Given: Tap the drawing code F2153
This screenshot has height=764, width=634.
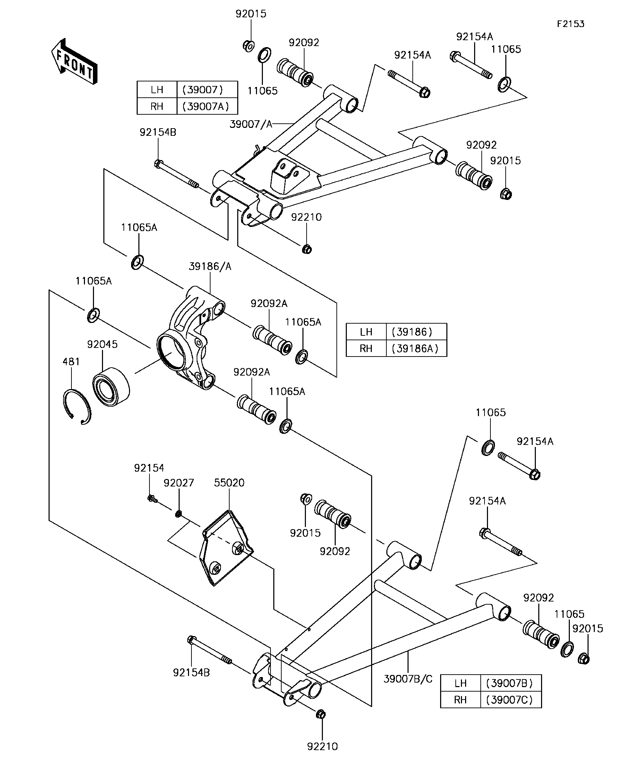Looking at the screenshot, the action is (571, 24).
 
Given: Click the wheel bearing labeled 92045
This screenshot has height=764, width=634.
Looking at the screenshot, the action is (111, 387).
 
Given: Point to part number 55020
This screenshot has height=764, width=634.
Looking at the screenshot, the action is (229, 483).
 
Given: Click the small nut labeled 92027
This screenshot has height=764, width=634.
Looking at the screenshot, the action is (178, 514).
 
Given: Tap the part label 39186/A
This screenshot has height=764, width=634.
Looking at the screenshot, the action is (210, 266).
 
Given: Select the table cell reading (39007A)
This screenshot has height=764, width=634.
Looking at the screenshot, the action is (207, 106).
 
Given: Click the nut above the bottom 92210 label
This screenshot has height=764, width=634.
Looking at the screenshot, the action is (320, 714).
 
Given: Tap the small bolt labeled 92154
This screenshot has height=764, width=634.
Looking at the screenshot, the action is (153, 499).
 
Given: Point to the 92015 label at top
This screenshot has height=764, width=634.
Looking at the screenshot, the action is (251, 14).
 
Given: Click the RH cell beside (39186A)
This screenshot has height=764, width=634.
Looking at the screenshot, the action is (366, 349).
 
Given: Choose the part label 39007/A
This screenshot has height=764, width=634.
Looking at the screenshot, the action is (251, 124).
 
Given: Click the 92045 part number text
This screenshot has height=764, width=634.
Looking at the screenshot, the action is (102, 344).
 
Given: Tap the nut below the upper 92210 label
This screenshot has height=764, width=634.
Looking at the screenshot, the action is (307, 249).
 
